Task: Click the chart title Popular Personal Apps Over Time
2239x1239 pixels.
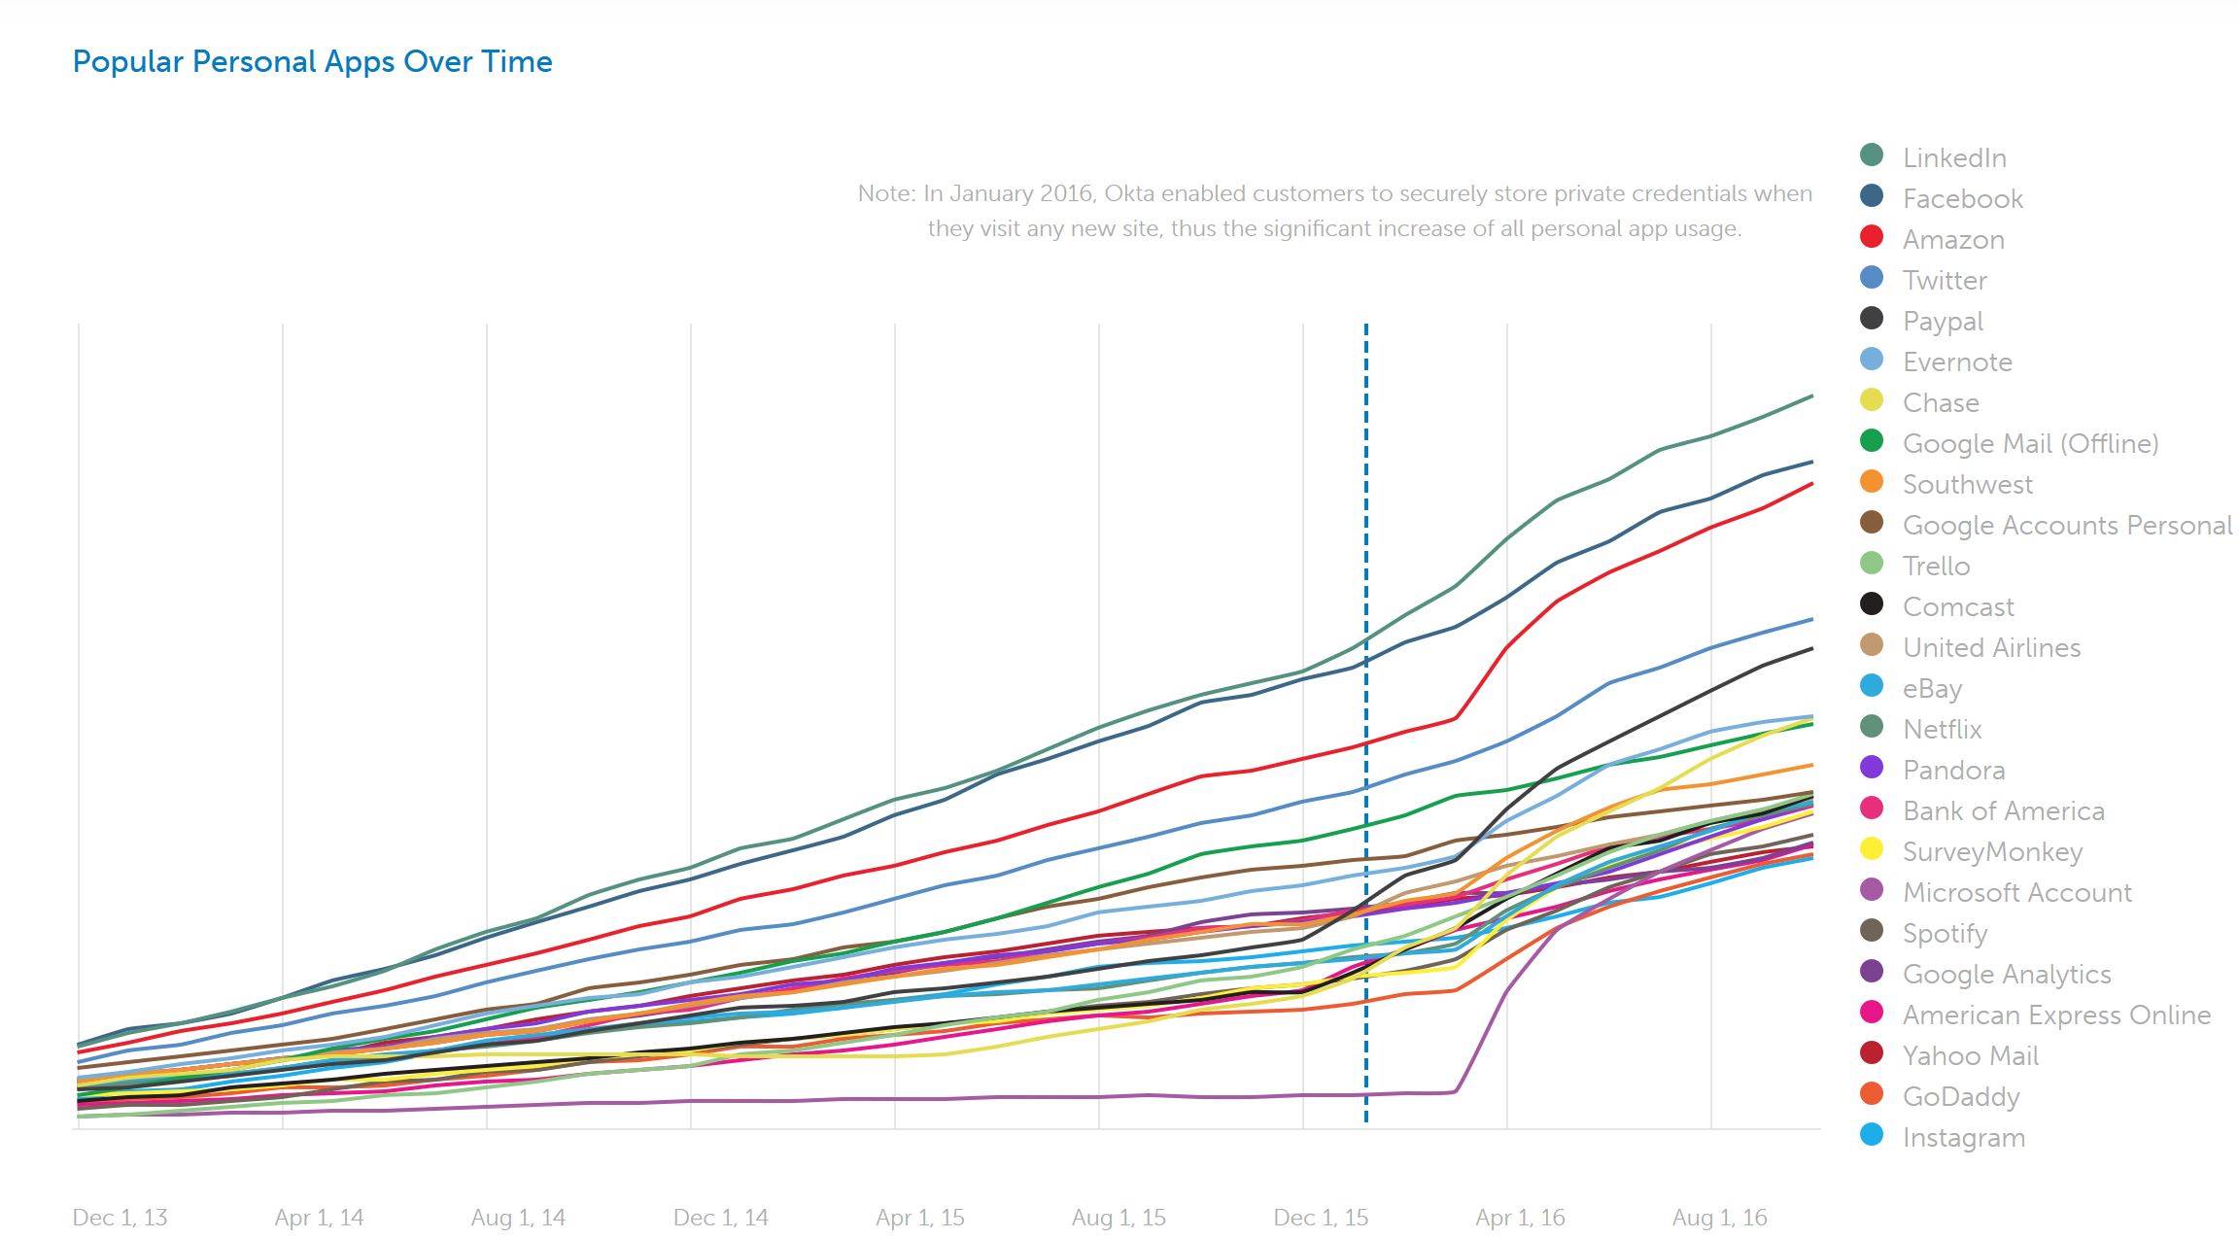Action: click(312, 62)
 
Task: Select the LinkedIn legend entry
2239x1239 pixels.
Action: click(1953, 157)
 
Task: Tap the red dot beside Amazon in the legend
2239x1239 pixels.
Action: click(1871, 237)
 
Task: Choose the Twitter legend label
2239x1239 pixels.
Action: click(1944, 280)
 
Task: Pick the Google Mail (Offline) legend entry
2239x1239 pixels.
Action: click(2029, 443)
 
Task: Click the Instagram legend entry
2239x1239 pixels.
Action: click(1963, 1137)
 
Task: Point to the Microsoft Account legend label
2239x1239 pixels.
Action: click(2016, 892)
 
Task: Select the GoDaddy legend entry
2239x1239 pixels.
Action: click(1960, 1096)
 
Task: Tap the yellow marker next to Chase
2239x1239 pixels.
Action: click(1871, 400)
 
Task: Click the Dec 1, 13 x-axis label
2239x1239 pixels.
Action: click(120, 1218)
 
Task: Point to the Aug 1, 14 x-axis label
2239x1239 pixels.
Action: click(518, 1218)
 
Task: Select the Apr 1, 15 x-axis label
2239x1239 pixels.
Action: click(919, 1218)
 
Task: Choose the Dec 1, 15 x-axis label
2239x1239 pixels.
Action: click(1321, 1218)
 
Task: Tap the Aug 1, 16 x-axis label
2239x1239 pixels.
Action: click(1719, 1218)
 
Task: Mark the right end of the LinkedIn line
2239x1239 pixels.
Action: click(1811, 396)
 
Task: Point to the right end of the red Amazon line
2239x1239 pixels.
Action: click(1811, 484)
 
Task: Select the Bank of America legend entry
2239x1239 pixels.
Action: click(2003, 810)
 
